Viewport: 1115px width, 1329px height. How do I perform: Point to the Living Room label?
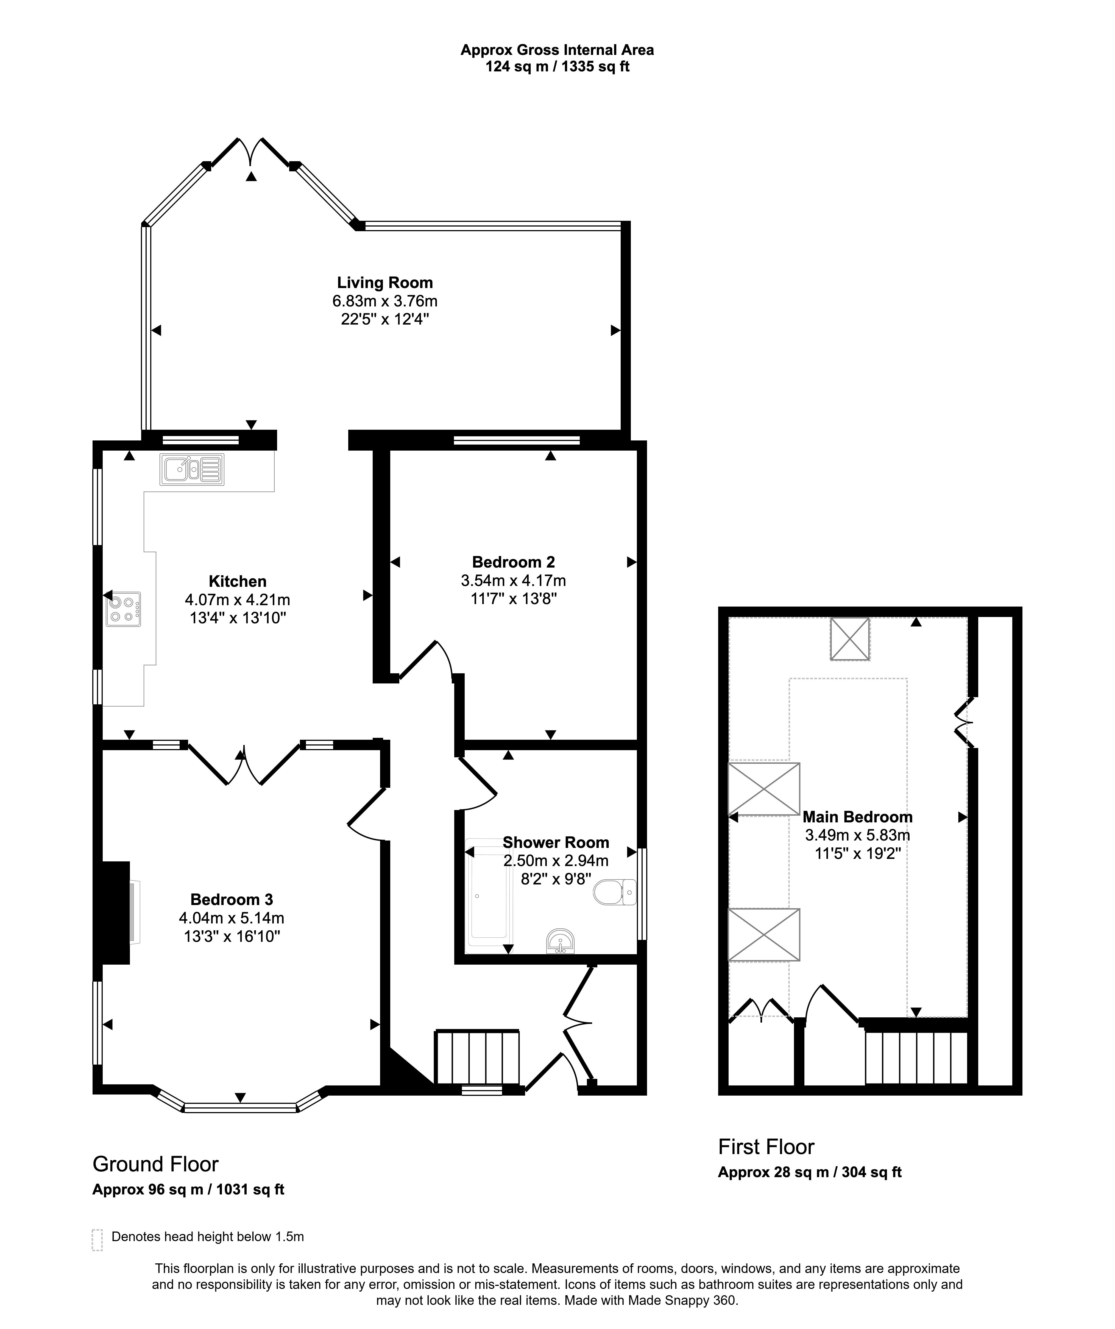pyautogui.click(x=385, y=283)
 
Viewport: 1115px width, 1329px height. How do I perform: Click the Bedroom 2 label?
pyautogui.click(x=513, y=562)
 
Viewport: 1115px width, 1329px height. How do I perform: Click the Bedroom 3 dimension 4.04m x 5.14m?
pyautogui.click(x=232, y=918)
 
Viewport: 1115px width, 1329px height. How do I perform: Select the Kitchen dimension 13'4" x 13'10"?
pyautogui.click(x=238, y=618)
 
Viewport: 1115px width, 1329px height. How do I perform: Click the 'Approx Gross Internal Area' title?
pyautogui.click(x=557, y=50)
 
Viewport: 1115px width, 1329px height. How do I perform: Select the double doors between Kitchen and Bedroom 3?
pyautogui.click(x=244, y=764)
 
